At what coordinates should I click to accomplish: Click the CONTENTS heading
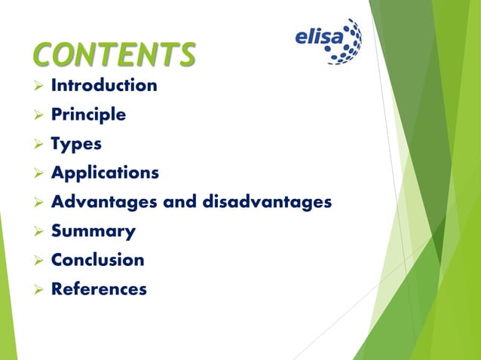coord(115,54)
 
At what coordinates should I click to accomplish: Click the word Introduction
coord(104,85)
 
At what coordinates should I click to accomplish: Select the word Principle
coord(88,115)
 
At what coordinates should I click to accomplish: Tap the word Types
coord(76,144)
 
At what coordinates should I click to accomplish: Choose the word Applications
coord(105,173)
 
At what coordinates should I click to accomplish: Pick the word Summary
coord(93,231)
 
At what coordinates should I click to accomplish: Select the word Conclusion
coord(97,260)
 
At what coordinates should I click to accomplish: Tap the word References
coord(99,289)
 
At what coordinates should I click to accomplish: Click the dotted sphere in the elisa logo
coord(348,41)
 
